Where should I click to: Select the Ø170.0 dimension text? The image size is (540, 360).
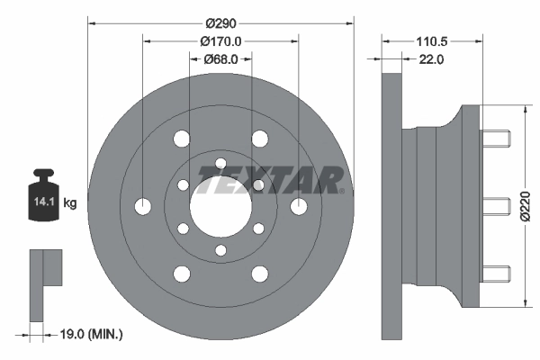pyautogui.click(x=222, y=40)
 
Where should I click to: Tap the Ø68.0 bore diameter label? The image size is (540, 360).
pyautogui.click(x=220, y=59)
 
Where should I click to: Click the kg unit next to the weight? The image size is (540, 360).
pyautogui.click(x=69, y=203)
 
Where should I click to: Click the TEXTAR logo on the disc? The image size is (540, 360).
pyautogui.click(x=268, y=180)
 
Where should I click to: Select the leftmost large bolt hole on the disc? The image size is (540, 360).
pyautogui.click(x=142, y=206)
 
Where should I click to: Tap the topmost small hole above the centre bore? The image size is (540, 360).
pyautogui.click(x=220, y=163)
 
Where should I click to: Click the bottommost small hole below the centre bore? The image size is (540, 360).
pyautogui.click(x=220, y=249)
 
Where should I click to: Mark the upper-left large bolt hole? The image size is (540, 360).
pyautogui.click(x=182, y=139)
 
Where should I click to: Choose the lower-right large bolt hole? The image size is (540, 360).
pyautogui.click(x=259, y=274)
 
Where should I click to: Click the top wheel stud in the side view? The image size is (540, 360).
pyautogui.click(x=496, y=139)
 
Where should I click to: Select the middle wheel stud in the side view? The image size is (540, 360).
pyautogui.click(x=496, y=206)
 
